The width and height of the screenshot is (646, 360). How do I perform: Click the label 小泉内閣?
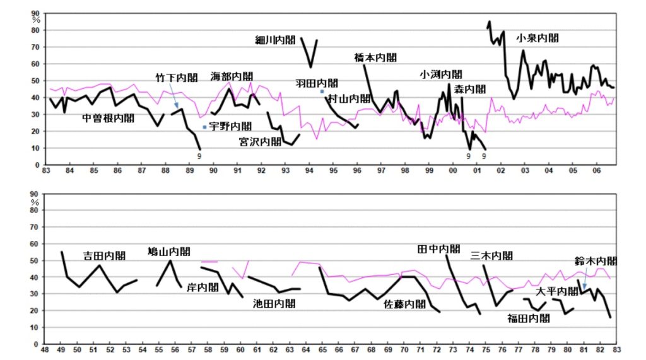click(x=537, y=38)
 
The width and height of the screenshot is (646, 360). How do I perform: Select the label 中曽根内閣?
click(x=109, y=118)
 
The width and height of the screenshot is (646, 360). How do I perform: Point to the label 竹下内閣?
click(x=177, y=78)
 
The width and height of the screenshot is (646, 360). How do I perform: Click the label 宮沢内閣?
click(x=260, y=142)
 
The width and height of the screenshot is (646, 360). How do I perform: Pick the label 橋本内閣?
click(x=376, y=57)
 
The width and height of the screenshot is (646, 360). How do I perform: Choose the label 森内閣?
click(x=470, y=89)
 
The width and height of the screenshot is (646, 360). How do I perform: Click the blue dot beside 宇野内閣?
click(x=204, y=127)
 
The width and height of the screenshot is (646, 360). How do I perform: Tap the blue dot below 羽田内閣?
click(x=322, y=91)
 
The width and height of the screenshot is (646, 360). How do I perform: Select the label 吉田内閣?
click(x=105, y=256)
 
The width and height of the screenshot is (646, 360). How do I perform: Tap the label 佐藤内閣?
click(x=405, y=305)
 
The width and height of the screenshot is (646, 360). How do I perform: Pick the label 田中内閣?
click(x=439, y=248)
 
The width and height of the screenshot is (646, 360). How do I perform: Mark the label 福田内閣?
click(x=529, y=318)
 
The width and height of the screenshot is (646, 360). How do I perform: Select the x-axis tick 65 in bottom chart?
click(x=322, y=350)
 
